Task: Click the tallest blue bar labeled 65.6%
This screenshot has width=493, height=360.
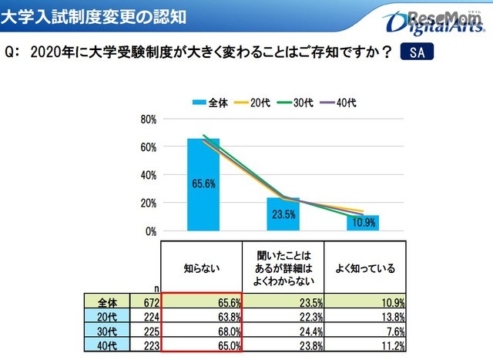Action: point(203,184)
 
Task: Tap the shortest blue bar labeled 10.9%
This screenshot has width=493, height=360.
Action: point(363,223)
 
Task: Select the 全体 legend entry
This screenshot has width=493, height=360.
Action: point(210,103)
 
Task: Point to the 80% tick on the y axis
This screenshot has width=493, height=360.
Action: point(149,119)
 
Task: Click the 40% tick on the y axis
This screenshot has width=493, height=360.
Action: point(149,175)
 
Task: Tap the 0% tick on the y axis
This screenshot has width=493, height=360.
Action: point(151,230)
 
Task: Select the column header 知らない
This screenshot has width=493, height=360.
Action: point(203,268)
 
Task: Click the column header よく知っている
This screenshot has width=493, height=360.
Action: point(365,268)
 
